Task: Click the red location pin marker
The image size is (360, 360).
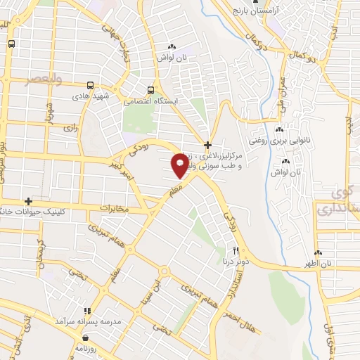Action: tap(179, 164)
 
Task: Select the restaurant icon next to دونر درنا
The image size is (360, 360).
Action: tap(236, 250)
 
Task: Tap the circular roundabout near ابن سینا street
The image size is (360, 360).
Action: tap(165, 270)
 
